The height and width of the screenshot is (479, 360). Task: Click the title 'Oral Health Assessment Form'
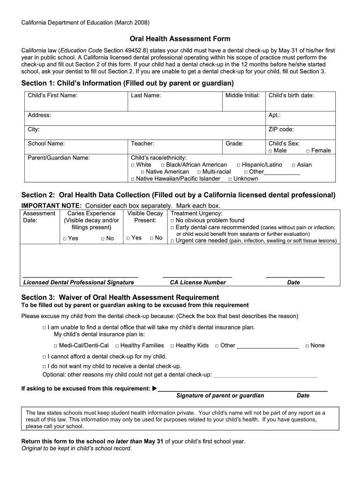coord(180,39)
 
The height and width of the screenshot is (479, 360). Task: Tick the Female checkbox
coord(308,151)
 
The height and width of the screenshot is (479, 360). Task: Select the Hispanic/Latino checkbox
coord(238,165)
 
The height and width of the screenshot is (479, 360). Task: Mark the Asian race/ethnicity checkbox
coord(294,165)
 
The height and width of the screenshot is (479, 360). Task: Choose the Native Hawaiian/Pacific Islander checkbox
coord(133,179)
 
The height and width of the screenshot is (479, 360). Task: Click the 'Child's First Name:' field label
coord(52,95)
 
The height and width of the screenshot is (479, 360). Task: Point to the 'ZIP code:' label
coord(281,130)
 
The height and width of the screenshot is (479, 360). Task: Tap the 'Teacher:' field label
coord(143,144)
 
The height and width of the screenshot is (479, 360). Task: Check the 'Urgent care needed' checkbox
coord(172,241)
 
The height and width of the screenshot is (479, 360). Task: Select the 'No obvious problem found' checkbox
coord(172,221)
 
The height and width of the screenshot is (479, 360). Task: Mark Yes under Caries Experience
coord(65,239)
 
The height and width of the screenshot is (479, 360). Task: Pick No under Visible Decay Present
coord(151,238)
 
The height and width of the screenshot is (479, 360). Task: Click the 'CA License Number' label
coord(197,283)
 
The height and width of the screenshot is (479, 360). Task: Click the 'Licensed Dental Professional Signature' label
coord(79,283)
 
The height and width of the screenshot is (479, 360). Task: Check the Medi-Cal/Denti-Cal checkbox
coord(56,346)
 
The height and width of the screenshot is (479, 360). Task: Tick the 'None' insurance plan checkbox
coord(307,346)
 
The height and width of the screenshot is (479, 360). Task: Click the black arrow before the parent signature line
coord(155,389)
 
